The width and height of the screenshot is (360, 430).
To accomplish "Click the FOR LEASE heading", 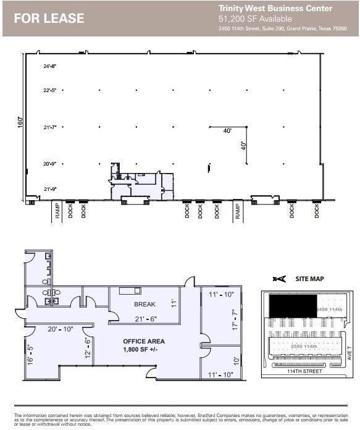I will (49, 19).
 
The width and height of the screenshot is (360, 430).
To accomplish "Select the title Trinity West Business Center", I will (275, 8).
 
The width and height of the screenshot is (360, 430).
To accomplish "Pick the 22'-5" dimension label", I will (50, 90).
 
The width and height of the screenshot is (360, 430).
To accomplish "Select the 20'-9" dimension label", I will (50, 164).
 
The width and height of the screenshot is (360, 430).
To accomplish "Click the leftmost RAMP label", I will (56, 211).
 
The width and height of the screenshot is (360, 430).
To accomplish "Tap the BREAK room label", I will (144, 304).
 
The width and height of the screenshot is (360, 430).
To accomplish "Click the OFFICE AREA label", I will (143, 341).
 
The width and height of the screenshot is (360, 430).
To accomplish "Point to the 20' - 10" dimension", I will (60, 329).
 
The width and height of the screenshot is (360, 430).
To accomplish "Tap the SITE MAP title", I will (309, 279).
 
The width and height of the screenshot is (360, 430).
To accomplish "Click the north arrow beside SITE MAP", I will (280, 279).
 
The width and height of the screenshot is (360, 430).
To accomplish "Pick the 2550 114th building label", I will (304, 347).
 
